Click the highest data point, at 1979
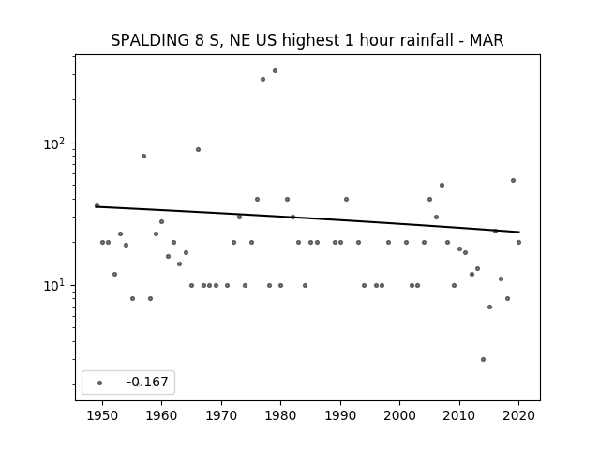tap(275, 71)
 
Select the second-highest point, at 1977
tap(262, 79)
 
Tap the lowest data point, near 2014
tap(484, 359)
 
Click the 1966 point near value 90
tap(198, 150)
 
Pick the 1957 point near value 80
tap(143, 157)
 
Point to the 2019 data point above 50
tap(513, 180)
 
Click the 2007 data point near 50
tap(442, 186)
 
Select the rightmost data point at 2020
tap(518, 242)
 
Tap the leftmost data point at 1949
tap(97, 206)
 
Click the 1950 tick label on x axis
tap(102, 415)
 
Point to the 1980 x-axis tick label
tap(280, 415)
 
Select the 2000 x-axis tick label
tap(399, 415)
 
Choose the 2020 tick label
tap(518, 415)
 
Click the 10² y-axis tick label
tap(54, 143)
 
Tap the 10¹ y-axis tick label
tap(54, 286)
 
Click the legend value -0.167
tap(148, 382)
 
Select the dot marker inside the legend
tap(100, 382)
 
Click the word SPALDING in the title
tap(150, 40)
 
